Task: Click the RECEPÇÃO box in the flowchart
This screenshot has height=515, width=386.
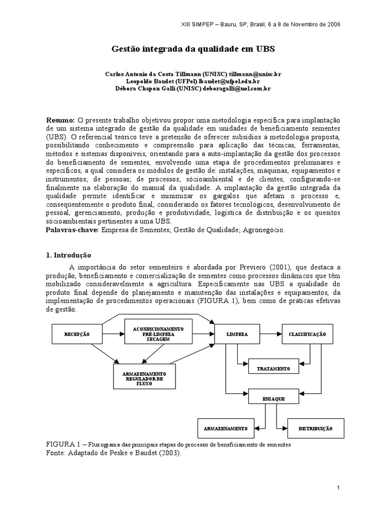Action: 77,334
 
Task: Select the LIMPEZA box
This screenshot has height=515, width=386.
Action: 237,334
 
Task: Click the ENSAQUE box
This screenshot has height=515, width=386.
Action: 273,398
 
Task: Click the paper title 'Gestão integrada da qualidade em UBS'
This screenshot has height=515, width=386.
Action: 192,50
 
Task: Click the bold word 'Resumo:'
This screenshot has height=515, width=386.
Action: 61,121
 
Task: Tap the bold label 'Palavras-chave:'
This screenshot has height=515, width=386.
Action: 72,230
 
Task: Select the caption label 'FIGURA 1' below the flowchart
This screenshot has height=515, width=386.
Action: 63,445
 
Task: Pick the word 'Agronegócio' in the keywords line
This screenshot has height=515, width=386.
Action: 265,230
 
